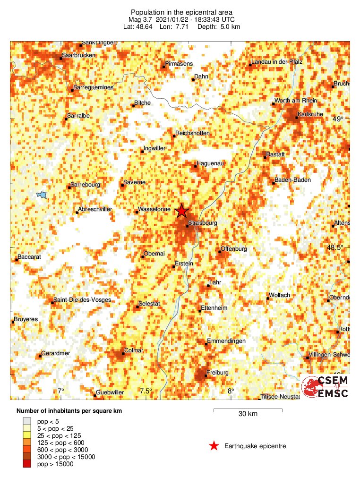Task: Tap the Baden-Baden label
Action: click(292, 180)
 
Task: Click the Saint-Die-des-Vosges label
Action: click(82, 300)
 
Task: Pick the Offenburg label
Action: click(234, 249)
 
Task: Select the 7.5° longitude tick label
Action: click(146, 391)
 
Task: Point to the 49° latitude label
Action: click(337, 119)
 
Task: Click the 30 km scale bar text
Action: click(248, 414)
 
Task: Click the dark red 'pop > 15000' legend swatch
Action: click(27, 464)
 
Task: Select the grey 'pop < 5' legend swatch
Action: click(27, 421)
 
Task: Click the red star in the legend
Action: click(214, 446)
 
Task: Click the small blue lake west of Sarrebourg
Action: click(42, 195)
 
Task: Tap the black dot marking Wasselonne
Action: click(137, 212)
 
